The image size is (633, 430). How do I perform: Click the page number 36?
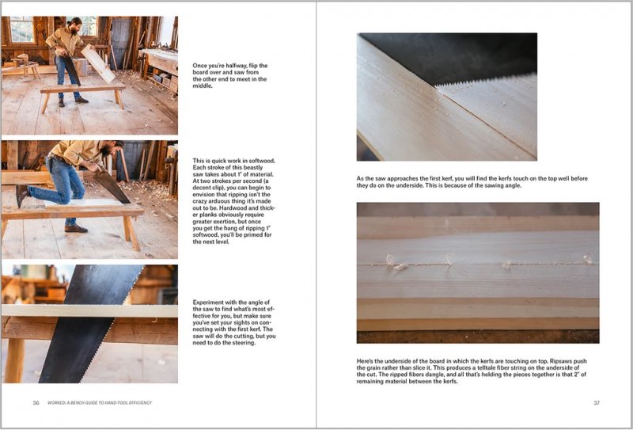click(36, 403)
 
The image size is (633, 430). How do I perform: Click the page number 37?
click(597, 403)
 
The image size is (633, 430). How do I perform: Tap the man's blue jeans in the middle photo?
click(67, 181)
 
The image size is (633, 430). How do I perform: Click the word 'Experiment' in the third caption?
click(210, 303)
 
